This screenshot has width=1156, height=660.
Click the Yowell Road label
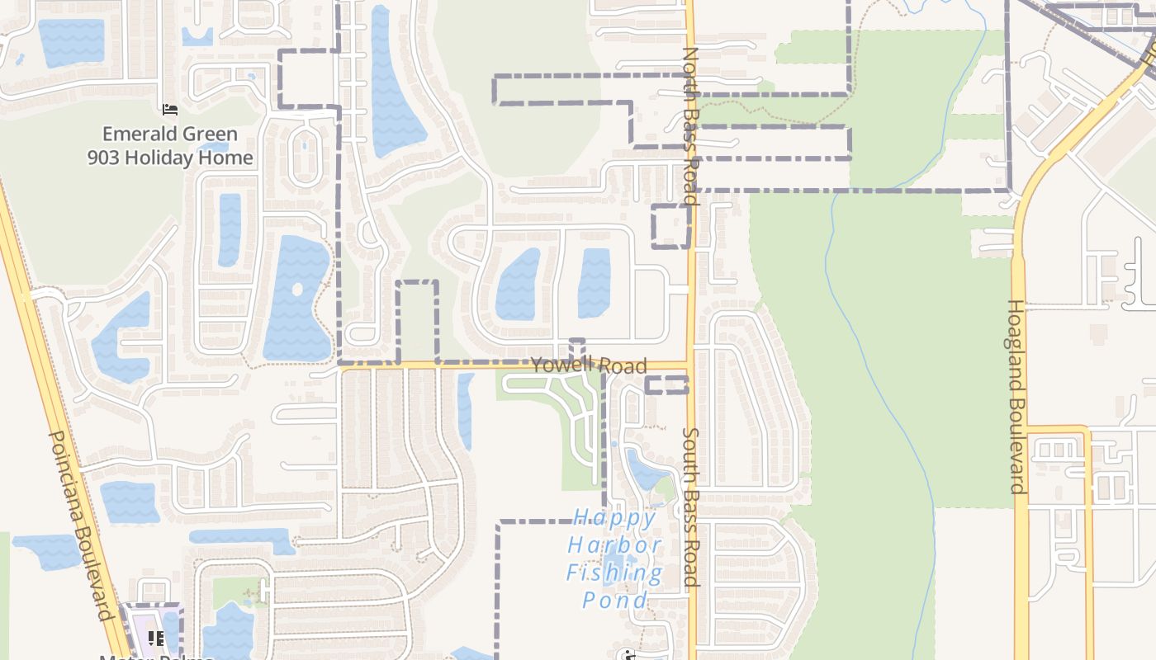pyautogui.click(x=589, y=365)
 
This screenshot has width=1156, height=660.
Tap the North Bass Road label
pyautogui.click(x=691, y=125)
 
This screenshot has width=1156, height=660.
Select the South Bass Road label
pyautogui.click(x=691, y=507)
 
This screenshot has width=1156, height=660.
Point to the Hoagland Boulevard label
pyautogui.click(x=1016, y=396)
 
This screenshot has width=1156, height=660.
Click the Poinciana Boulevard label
pyautogui.click(x=80, y=525)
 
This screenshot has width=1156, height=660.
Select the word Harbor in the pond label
pyautogui.click(x=614, y=545)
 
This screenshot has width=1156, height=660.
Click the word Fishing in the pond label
pyautogui.click(x=614, y=573)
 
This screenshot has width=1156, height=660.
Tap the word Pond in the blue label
pyautogui.click(x=615, y=600)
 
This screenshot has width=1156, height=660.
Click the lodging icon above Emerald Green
pyautogui.click(x=170, y=109)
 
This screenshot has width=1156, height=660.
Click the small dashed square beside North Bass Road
pyautogui.click(x=670, y=226)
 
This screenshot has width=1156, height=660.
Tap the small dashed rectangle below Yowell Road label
pyautogui.click(x=666, y=385)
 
